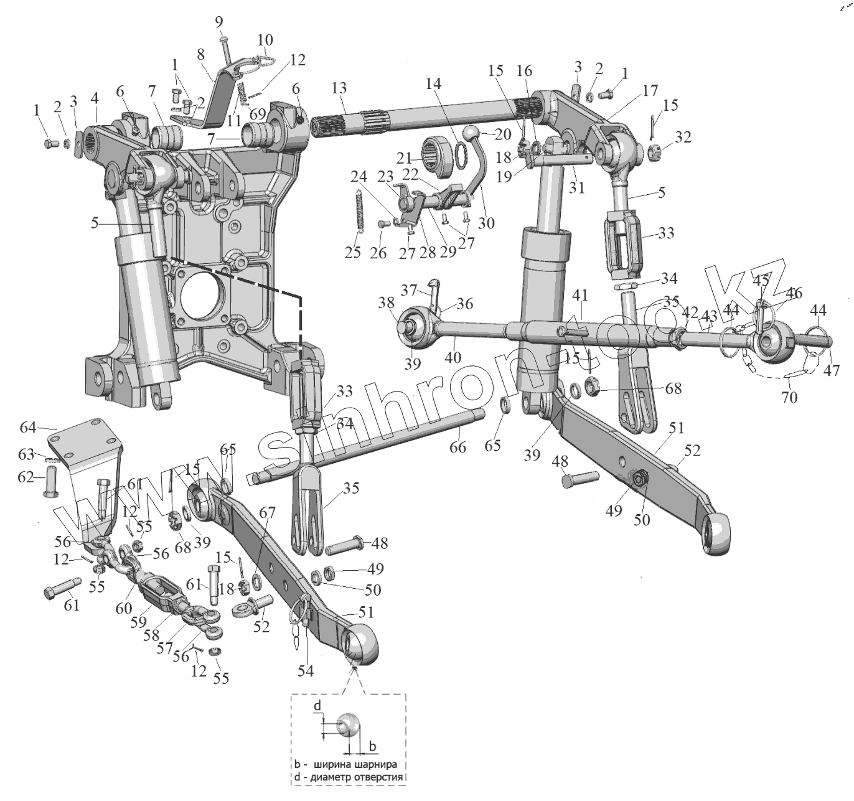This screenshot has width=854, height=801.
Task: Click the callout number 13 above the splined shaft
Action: (x=339, y=90)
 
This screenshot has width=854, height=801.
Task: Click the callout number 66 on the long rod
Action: (x=458, y=447)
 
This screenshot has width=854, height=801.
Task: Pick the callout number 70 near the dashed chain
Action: (x=789, y=396)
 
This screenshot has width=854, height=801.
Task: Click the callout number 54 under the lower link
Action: (x=306, y=670)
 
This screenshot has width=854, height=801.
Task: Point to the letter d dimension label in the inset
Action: (x=317, y=706)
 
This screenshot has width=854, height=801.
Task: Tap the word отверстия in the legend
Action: (x=378, y=778)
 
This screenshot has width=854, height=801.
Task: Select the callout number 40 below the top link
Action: (x=453, y=357)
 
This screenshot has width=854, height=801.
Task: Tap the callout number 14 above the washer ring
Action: (x=433, y=83)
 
